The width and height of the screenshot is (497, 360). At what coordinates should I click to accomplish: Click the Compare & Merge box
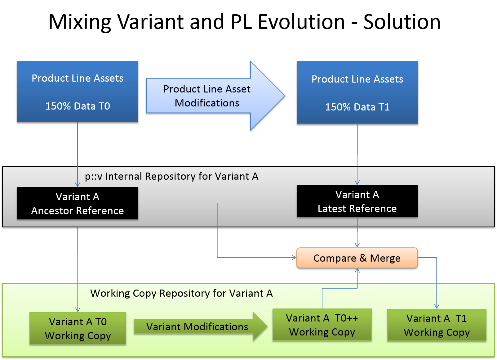pos(357,258)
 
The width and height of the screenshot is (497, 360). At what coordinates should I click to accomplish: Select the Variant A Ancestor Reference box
pos(78,203)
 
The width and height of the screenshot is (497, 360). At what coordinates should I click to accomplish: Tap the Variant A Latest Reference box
pos(357,201)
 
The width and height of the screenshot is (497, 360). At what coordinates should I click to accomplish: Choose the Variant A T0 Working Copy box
pos(78,328)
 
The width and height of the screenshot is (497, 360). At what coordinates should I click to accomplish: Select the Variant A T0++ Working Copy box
pos(322,325)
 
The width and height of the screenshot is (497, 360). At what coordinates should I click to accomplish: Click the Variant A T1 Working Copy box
pos(437,325)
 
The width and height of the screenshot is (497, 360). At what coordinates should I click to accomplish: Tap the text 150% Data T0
pos(78,106)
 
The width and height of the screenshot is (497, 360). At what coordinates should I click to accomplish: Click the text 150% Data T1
pos(357,107)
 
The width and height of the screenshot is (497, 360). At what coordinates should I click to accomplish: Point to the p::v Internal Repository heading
pos(171,176)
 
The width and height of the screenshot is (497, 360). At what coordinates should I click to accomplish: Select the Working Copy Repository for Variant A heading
pos(181,293)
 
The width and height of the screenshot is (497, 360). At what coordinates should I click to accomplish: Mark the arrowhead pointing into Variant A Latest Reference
pos(357,183)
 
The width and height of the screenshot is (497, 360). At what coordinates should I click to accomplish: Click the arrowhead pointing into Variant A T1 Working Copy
pos(437,306)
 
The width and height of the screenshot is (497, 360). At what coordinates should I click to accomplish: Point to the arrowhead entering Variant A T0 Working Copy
pos(78,309)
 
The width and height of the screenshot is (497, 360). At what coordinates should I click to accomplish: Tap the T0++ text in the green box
pos(346,318)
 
